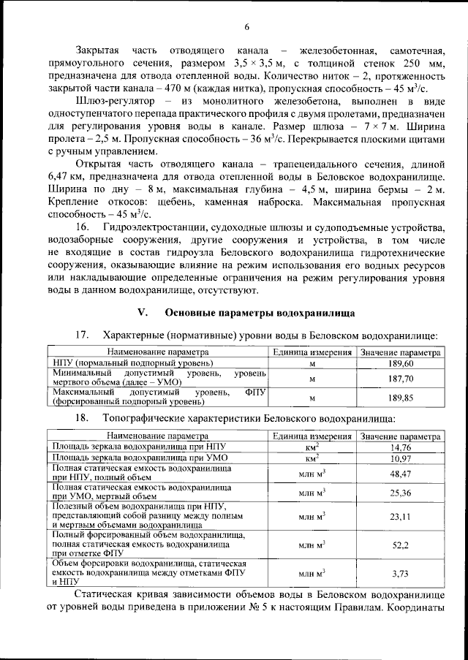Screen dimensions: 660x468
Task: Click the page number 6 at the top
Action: (246, 27)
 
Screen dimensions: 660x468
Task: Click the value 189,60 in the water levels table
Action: (401, 363)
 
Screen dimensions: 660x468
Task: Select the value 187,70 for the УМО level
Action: (401, 379)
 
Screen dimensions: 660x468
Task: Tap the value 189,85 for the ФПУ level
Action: (401, 398)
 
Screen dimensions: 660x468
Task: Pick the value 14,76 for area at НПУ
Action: (401, 447)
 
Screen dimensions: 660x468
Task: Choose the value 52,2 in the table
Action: (401, 545)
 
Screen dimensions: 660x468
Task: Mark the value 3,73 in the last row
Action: (401, 573)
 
